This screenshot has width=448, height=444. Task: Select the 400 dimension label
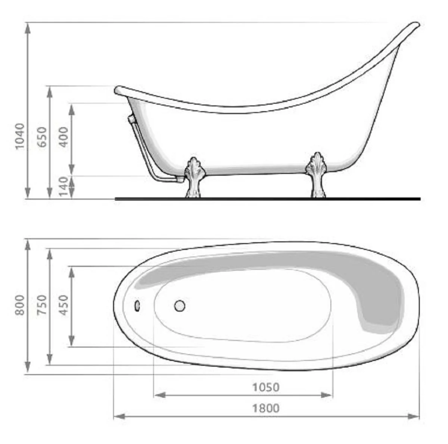[64, 137]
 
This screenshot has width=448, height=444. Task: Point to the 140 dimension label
[65, 187]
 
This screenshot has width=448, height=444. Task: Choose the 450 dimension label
[64, 305]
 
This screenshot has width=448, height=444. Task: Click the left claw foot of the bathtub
[194, 177]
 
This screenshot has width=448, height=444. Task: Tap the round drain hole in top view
[180, 306]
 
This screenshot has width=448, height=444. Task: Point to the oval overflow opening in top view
[137, 306]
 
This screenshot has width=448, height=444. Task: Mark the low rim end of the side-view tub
[118, 90]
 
